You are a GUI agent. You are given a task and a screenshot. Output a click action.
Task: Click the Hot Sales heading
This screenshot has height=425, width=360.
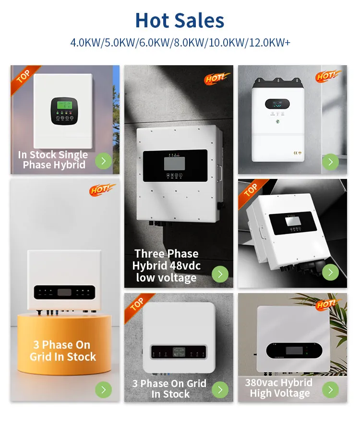pyautogui.click(x=180, y=21)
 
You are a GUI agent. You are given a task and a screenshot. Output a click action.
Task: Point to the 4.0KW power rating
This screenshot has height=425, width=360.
pyautogui.click(x=85, y=42)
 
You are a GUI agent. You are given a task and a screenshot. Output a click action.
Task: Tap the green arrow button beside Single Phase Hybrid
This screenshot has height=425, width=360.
pyautogui.click(x=103, y=161)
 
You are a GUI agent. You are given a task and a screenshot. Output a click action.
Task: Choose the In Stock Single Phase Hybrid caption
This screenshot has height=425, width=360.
pyautogui.click(x=53, y=160)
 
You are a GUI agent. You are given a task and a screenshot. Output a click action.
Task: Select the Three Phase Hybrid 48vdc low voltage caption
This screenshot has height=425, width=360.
pyautogui.click(x=166, y=266)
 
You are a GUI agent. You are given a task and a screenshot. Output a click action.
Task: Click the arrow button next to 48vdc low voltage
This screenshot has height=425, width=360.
pyautogui.click(x=220, y=274)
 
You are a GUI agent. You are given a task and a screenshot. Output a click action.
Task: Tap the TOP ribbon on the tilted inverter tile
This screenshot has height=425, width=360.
pyautogui.click(x=251, y=191)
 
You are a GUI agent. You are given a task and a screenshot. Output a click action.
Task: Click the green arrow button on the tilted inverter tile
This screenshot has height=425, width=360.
pyautogui.click(x=330, y=272)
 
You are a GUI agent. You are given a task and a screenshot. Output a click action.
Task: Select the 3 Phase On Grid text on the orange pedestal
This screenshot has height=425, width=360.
pyautogui.click(x=63, y=351)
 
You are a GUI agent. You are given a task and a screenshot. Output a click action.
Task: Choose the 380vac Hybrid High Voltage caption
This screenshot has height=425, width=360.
pyautogui.click(x=278, y=388)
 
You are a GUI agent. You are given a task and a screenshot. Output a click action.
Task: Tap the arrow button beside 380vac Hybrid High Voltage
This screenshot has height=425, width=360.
pyautogui.click(x=330, y=390)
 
